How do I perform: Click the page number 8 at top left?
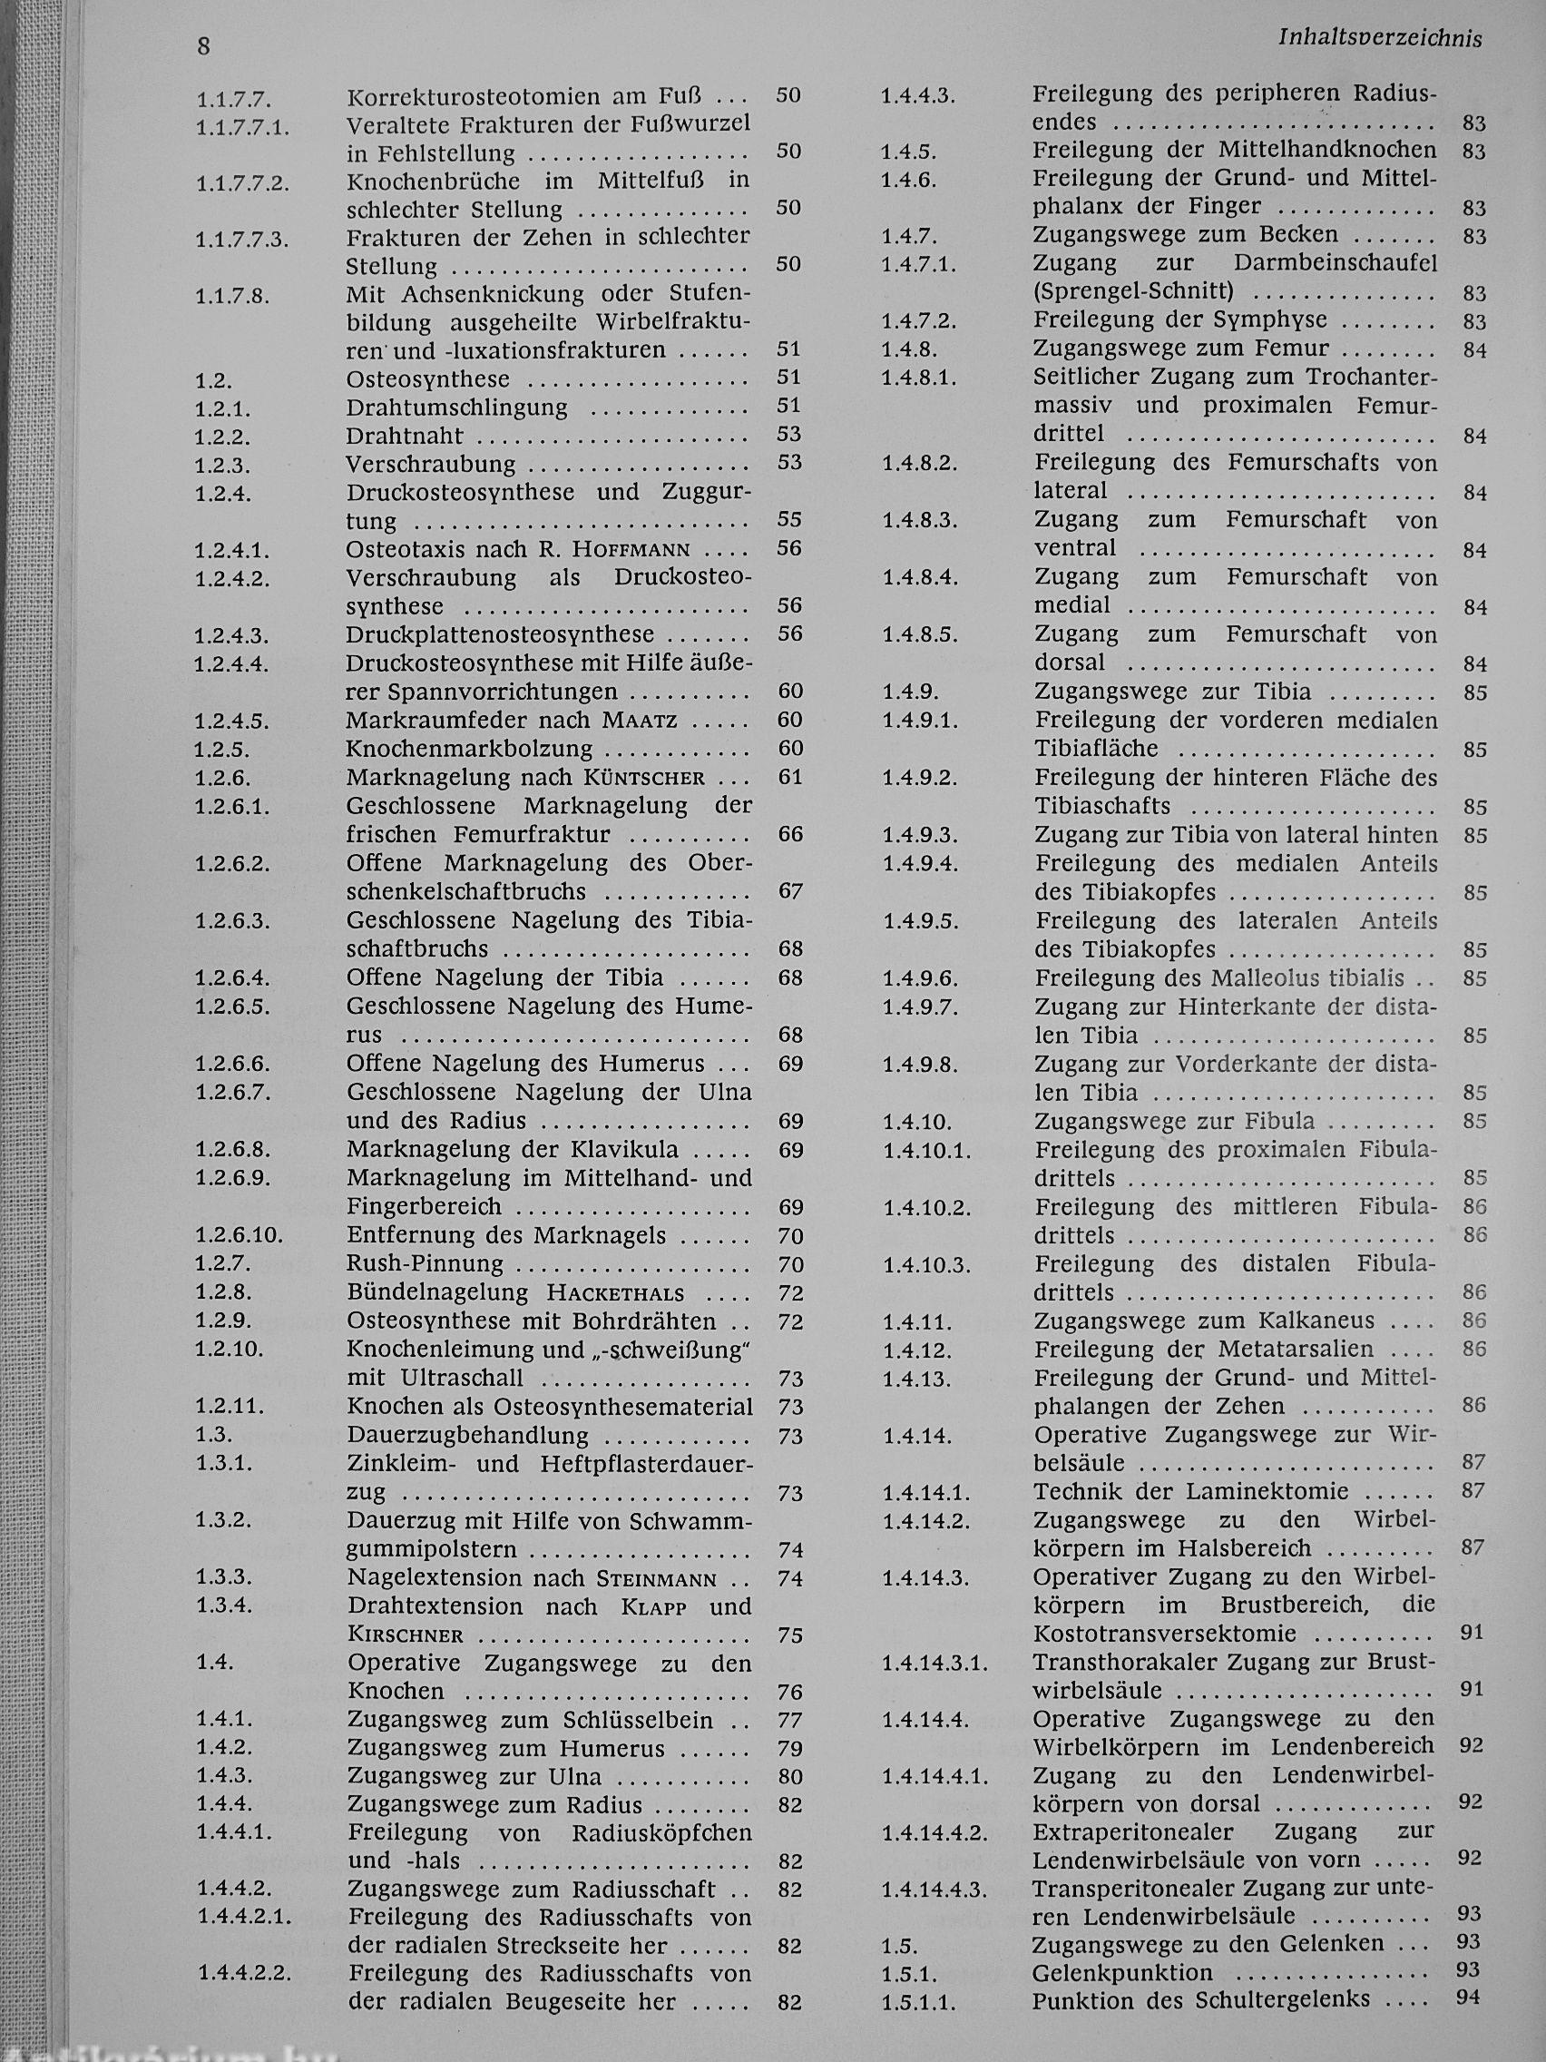coord(203,46)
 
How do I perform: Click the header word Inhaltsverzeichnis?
coord(1380,38)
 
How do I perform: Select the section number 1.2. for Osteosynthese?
coord(213,380)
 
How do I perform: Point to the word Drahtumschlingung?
coord(456,407)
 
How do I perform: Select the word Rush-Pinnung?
coord(425,1264)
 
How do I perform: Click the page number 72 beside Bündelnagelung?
coord(789,1293)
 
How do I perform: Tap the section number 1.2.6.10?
coord(239,1236)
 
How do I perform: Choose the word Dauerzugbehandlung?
coord(468,1435)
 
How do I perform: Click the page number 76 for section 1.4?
coord(789,1692)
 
